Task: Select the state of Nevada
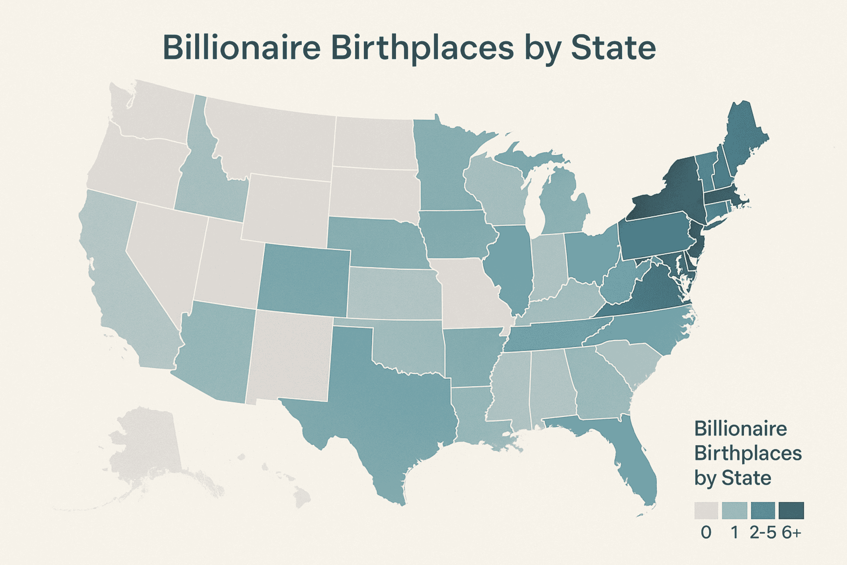pyautogui.click(x=162, y=252)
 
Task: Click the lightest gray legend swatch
pyautogui.click(x=706, y=511)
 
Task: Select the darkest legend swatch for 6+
pyautogui.click(x=791, y=511)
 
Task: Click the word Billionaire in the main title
pyautogui.click(x=241, y=48)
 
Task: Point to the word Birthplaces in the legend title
pyautogui.click(x=747, y=453)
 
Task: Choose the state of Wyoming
pyautogui.click(x=286, y=209)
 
